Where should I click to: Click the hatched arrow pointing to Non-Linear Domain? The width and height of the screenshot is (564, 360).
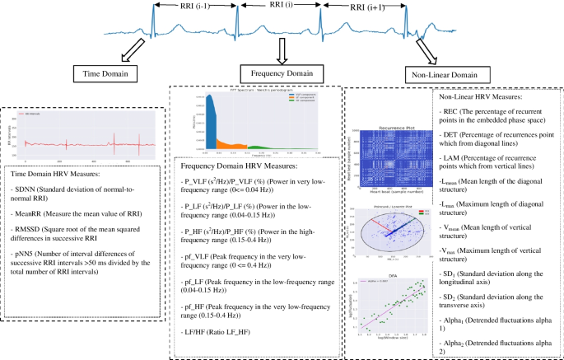[x=425, y=52]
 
